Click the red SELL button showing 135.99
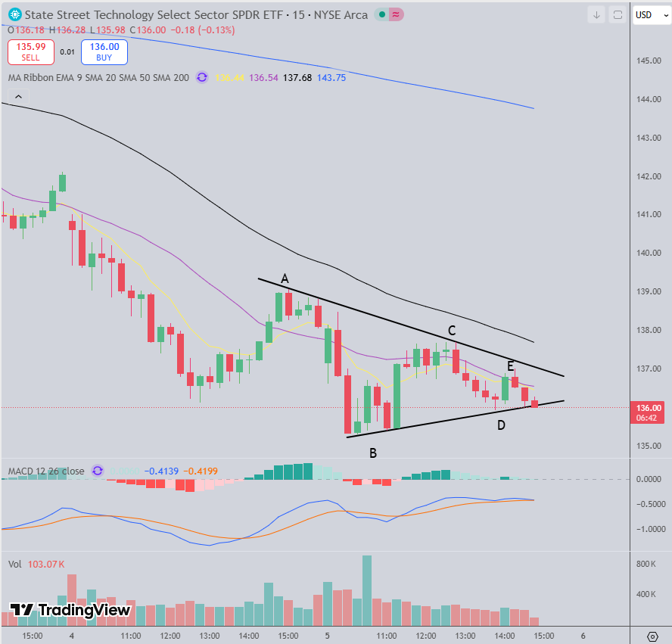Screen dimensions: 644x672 (30, 51)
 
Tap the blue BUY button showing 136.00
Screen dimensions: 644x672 (106, 51)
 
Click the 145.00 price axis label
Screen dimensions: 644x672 (649, 61)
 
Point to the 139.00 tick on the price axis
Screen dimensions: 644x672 (649, 291)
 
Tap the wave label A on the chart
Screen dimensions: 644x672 (285, 279)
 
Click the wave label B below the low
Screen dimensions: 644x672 (373, 453)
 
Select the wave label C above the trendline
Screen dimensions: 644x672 (452, 331)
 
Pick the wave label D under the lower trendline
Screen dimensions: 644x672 (501, 425)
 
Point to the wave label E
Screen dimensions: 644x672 (511, 366)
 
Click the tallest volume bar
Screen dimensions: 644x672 (367, 591)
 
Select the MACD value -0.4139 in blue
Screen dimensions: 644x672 (163, 471)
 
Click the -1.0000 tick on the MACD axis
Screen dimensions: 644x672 (649, 529)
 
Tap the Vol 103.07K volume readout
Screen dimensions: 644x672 (36, 564)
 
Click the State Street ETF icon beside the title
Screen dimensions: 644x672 (14, 14)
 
